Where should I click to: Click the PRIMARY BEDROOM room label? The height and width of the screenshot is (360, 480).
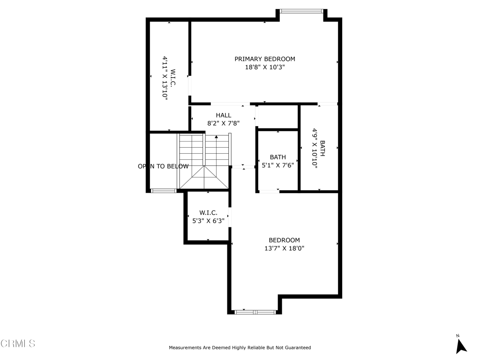[x=265, y=59]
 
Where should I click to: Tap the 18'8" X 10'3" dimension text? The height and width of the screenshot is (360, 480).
[x=265, y=67]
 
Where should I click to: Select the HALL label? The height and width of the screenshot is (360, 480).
[x=224, y=115]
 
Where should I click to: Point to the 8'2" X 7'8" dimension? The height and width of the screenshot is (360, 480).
[x=224, y=123]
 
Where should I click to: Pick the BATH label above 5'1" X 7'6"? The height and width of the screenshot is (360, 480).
[x=278, y=157]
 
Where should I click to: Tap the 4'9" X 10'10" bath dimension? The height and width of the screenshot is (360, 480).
[x=315, y=147]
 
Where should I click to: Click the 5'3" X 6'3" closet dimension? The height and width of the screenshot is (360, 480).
[x=209, y=221]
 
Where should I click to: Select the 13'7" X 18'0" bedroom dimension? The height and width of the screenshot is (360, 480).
[x=285, y=248]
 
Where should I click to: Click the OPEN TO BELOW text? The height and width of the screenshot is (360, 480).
[x=163, y=166]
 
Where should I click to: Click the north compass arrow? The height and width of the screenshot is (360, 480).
[x=461, y=346]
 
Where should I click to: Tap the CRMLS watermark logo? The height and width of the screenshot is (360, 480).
[x=18, y=344]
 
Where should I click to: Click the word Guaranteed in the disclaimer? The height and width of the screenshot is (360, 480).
[x=298, y=347]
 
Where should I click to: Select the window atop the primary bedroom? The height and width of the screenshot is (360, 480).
[x=301, y=11]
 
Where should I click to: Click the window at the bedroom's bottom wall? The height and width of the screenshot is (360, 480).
[x=255, y=312]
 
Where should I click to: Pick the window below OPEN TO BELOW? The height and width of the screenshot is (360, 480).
[x=164, y=191]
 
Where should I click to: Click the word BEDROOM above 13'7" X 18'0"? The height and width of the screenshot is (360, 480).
[x=285, y=240]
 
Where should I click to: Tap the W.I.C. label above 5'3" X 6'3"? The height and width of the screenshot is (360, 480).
[x=209, y=212]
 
